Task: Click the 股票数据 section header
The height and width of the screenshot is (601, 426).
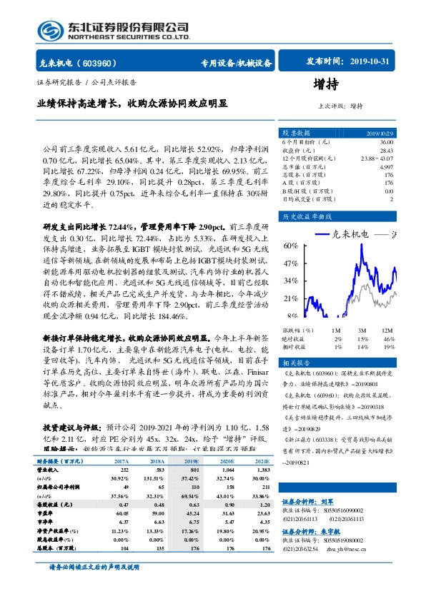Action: (296, 133)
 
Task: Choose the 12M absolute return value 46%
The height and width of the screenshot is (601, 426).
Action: (388, 338)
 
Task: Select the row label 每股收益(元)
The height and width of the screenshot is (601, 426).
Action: (54, 504)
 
